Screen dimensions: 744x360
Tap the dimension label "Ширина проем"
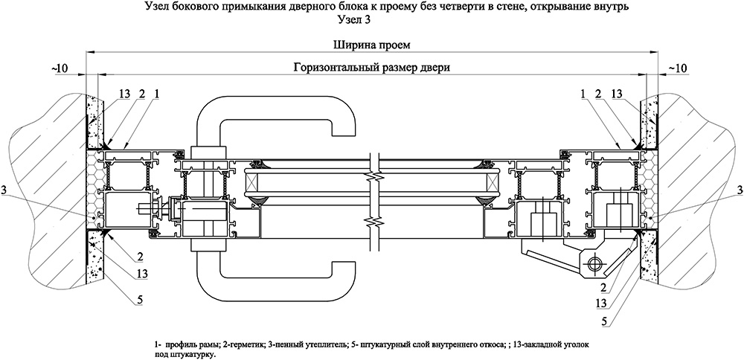click(x=371, y=45)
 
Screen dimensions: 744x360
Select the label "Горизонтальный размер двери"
click(x=371, y=68)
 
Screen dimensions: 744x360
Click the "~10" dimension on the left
click(x=60, y=68)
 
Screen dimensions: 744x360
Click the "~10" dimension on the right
click(x=677, y=68)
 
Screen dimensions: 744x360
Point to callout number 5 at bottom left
click(x=140, y=300)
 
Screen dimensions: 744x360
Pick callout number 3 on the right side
click(x=740, y=190)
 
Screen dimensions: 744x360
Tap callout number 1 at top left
click(x=156, y=94)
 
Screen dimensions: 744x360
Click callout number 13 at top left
click(x=124, y=94)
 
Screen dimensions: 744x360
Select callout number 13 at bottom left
click(x=141, y=273)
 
